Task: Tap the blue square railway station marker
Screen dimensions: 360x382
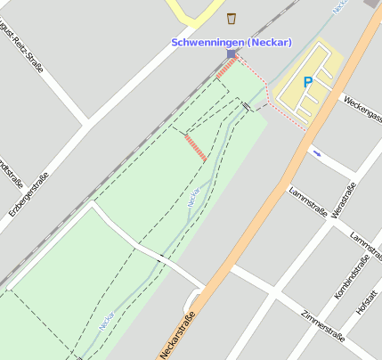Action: coord(232,54)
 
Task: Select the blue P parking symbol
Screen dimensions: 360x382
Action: coord(308,82)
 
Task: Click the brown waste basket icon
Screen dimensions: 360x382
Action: coord(232,19)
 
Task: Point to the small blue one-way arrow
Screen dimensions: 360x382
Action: coord(316,152)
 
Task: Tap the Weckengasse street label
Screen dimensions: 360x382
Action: coord(361,110)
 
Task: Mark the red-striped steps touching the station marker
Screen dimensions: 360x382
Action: coord(224,68)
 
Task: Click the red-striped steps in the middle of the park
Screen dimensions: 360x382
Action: coord(196,147)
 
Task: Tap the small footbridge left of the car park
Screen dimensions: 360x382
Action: coord(247,107)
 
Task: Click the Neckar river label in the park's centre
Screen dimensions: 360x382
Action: coord(194,197)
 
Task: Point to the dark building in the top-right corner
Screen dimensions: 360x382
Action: coord(371,4)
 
